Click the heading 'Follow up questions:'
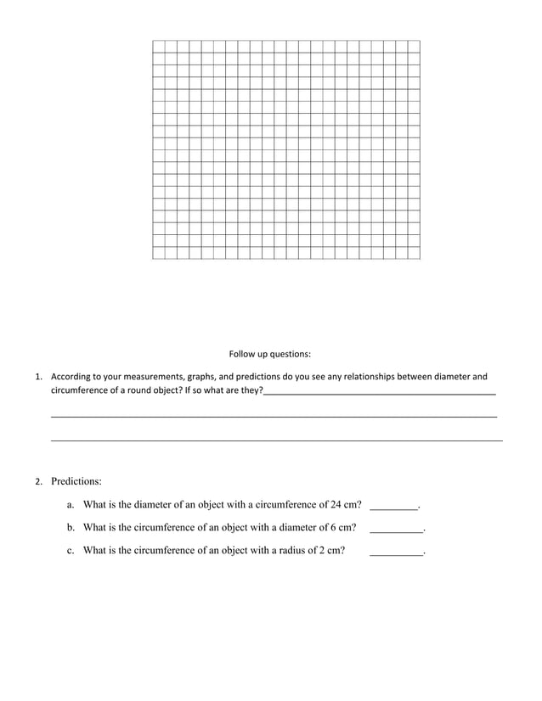269,353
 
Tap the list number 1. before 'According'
37,376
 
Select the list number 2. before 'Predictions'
37,482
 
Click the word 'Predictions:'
76,481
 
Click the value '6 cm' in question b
340,527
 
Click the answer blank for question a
394,506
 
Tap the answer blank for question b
396,529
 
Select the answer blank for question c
396,552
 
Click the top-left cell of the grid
159,46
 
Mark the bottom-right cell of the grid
414,253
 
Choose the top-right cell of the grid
414,46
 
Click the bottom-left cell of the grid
159,253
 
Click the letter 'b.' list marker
71,527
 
